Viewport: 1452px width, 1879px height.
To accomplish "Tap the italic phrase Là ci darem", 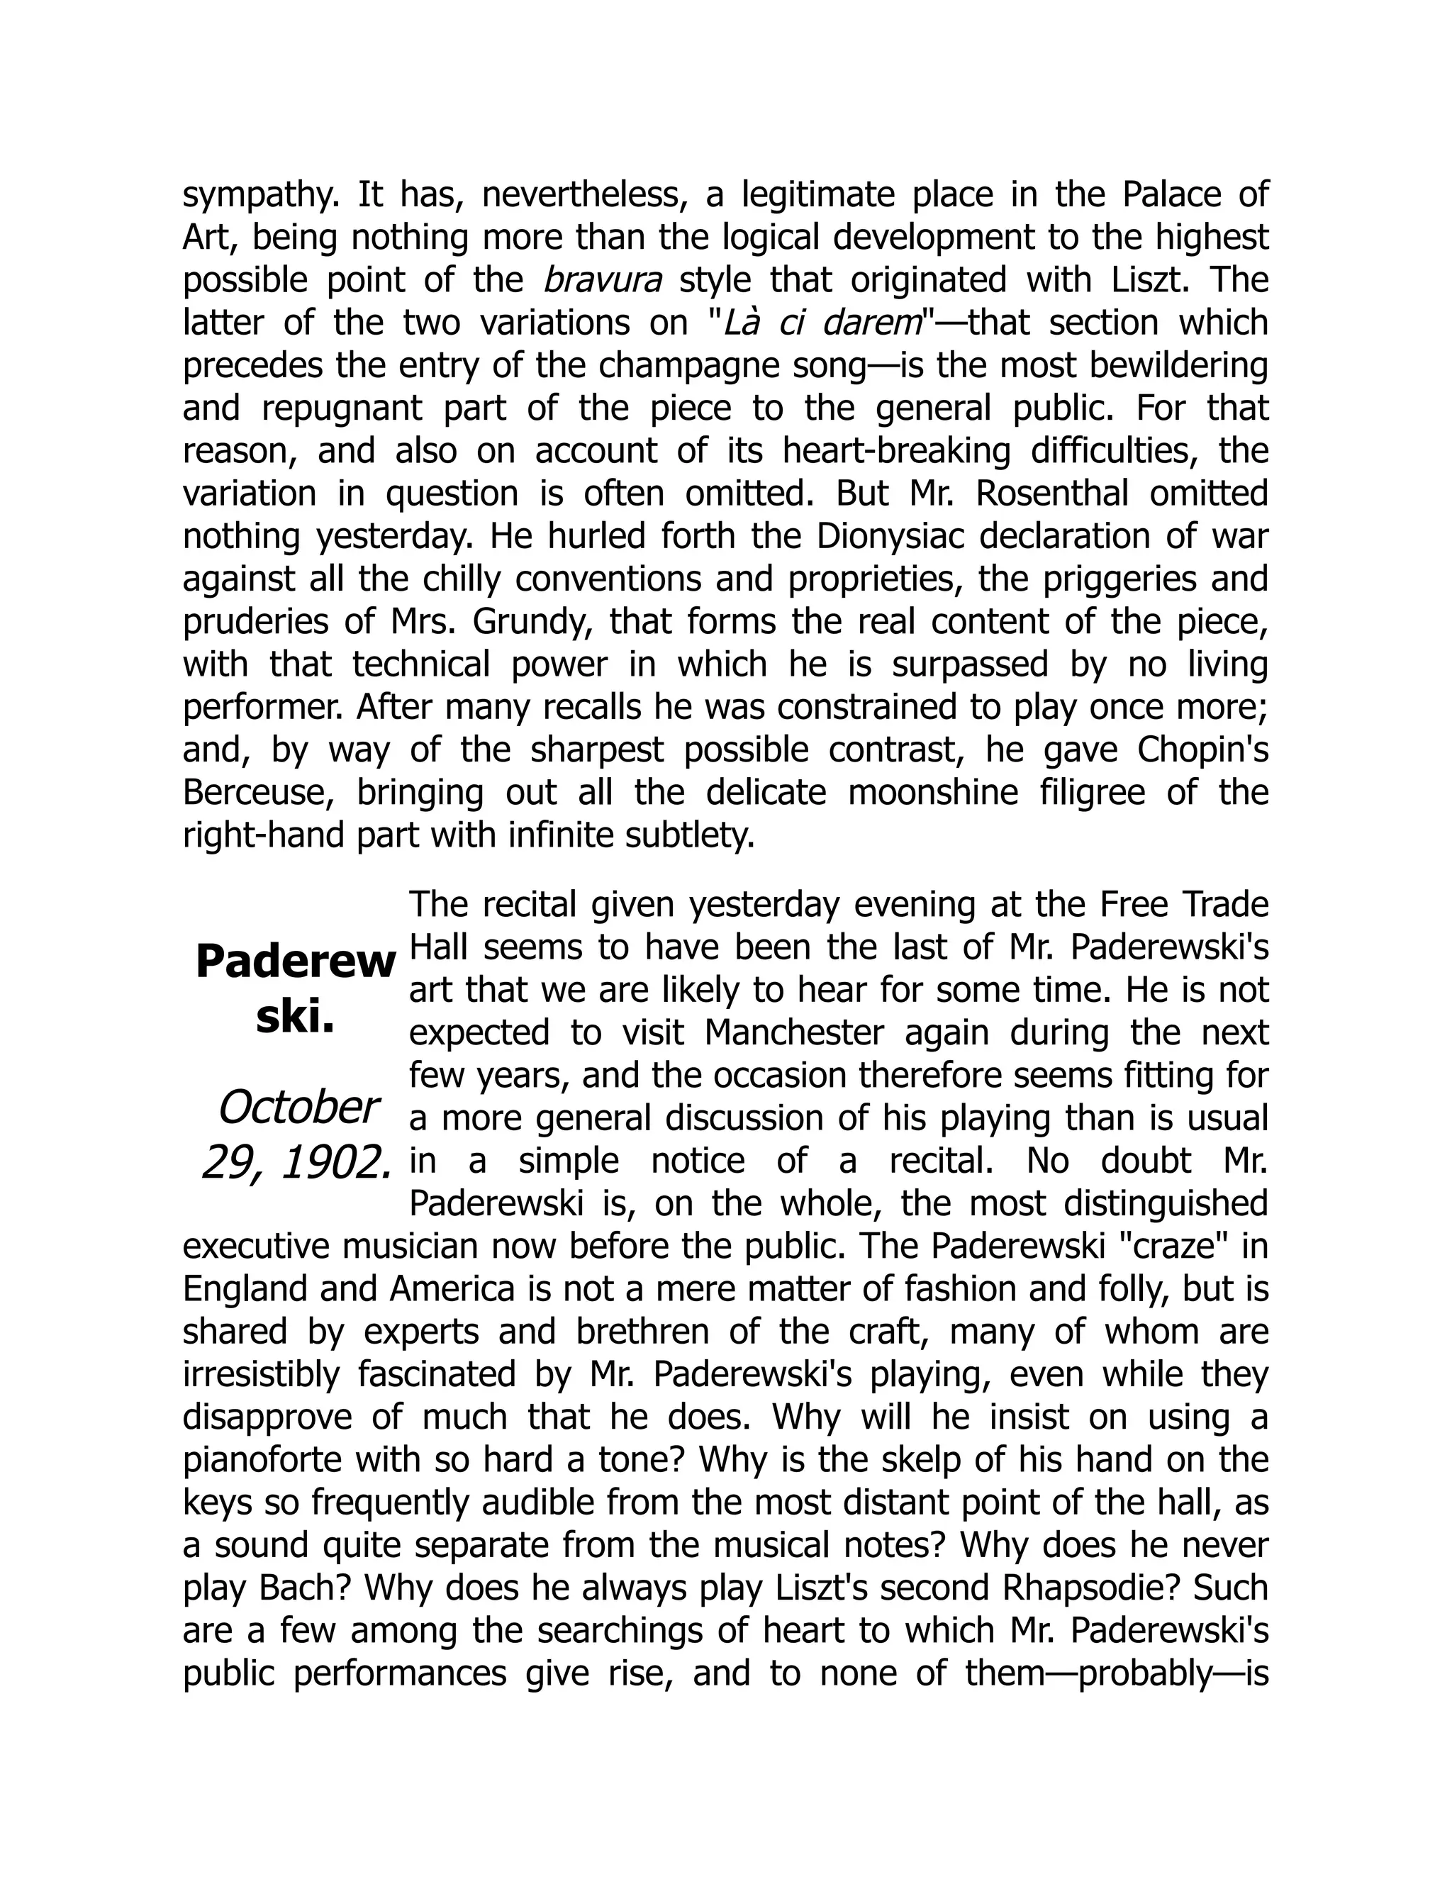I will click(x=822, y=323).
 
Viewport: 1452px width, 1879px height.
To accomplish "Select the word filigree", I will click(x=1093, y=793).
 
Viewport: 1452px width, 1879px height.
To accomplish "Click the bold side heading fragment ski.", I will click(x=295, y=1016).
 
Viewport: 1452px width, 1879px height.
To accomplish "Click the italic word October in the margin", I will click(x=298, y=1108).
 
